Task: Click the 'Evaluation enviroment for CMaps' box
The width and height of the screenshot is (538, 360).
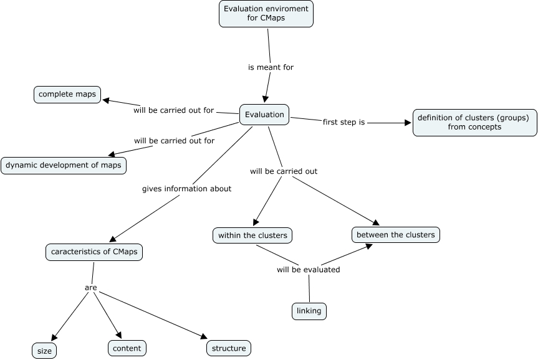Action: (266, 14)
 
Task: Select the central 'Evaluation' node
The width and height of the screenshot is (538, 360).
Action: (264, 114)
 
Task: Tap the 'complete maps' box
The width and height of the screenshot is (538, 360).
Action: (67, 95)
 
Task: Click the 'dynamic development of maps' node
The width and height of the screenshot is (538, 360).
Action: (64, 166)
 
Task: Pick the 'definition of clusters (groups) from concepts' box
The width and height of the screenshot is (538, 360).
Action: (474, 122)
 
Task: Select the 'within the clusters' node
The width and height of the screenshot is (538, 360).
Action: (252, 235)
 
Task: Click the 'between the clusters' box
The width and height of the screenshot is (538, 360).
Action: (396, 235)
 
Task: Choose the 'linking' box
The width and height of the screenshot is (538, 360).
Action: (309, 311)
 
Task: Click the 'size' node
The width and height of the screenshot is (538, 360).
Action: (44, 351)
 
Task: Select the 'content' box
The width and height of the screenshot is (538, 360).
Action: (127, 348)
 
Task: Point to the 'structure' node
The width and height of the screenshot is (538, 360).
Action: (228, 348)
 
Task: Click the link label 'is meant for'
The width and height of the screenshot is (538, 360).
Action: (271, 67)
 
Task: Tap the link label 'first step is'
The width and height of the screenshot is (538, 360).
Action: (343, 122)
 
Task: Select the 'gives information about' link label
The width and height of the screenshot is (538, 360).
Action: (186, 189)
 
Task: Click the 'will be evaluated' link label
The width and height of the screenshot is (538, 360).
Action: (308, 270)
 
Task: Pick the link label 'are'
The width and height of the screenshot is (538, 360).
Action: (90, 288)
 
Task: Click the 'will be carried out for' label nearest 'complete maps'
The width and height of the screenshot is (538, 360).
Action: (173, 110)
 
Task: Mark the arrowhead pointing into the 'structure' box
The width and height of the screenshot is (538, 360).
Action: (203, 336)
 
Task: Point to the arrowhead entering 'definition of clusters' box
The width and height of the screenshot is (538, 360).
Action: (409, 123)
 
